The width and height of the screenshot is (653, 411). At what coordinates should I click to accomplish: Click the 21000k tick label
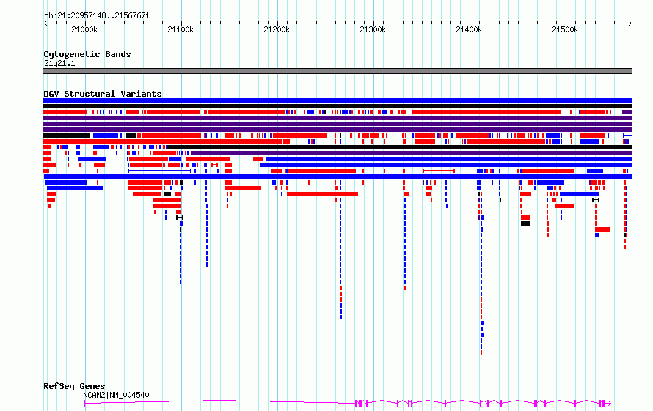84,29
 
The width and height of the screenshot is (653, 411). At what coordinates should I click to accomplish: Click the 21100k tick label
180,29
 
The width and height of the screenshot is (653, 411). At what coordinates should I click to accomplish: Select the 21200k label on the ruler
277,29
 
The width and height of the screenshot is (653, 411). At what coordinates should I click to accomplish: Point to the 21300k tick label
373,29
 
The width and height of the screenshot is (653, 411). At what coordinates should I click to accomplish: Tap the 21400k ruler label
469,29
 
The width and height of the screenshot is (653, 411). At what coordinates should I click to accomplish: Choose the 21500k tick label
565,29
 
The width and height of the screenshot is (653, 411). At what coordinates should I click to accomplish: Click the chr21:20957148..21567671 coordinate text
97,16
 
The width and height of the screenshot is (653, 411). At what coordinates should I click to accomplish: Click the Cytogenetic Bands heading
87,54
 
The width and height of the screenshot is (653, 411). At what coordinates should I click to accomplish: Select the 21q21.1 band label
59,63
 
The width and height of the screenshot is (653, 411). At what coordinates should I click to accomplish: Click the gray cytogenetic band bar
338,71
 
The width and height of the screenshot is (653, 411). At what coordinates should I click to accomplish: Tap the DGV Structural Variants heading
103,94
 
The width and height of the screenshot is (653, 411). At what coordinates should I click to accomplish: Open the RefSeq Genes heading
74,386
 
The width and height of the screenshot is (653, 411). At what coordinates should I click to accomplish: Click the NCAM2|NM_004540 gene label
116,395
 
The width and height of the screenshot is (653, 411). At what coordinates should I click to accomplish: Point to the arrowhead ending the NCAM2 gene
610,404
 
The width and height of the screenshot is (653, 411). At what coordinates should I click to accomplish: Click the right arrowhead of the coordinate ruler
630,23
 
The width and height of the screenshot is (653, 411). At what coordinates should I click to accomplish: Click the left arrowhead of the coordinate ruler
45,23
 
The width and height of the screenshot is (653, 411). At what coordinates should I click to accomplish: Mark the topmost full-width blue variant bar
338,100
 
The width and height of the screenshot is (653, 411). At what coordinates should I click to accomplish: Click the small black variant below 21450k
525,223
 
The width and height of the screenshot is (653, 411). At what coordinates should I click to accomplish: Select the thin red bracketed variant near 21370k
439,171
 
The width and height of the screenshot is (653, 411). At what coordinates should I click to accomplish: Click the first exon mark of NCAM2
84,404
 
